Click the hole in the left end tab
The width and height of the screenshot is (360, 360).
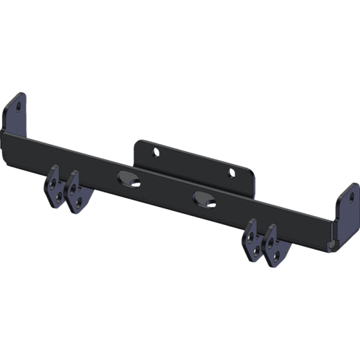click(x=18, y=108)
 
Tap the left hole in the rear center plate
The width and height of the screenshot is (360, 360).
click(x=155, y=152)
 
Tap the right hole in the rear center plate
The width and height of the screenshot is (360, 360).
click(x=231, y=173)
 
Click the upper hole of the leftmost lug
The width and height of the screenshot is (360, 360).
click(x=55, y=182)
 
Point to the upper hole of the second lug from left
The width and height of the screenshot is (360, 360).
click(x=74, y=187)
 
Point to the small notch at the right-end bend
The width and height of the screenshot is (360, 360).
click(x=331, y=244)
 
